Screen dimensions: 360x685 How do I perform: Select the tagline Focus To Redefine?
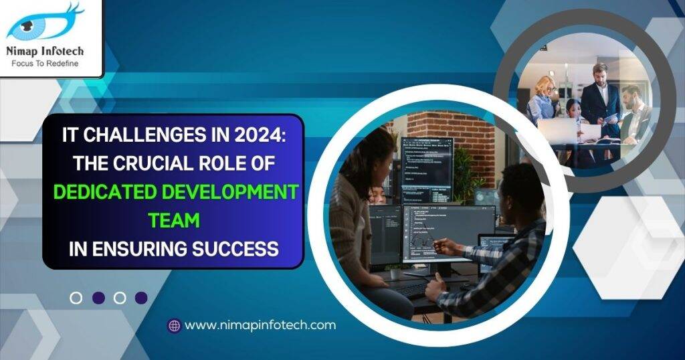pos(45,64)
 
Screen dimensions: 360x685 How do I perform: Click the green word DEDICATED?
pos(103,192)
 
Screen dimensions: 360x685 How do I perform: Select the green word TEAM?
pos(173,220)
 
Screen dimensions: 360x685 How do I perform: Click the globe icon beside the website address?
pos(175,326)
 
